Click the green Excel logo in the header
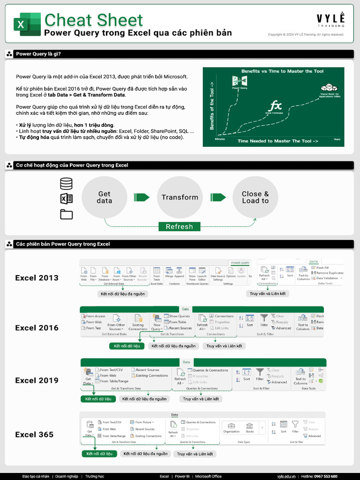[27, 24]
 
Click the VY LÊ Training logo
[330, 20]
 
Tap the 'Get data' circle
[104, 197]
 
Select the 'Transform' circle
[180, 197]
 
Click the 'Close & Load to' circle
[255, 197]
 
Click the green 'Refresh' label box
[179, 227]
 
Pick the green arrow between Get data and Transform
[142, 197]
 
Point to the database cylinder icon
[67, 183]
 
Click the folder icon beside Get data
[67, 214]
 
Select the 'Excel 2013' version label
[37, 278]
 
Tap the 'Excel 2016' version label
[37, 328]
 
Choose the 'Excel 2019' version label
[37, 381]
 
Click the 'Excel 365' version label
[34, 435]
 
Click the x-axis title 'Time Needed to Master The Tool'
[277, 141]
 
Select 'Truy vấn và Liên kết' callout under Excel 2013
[267, 294]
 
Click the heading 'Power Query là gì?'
[38, 54]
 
